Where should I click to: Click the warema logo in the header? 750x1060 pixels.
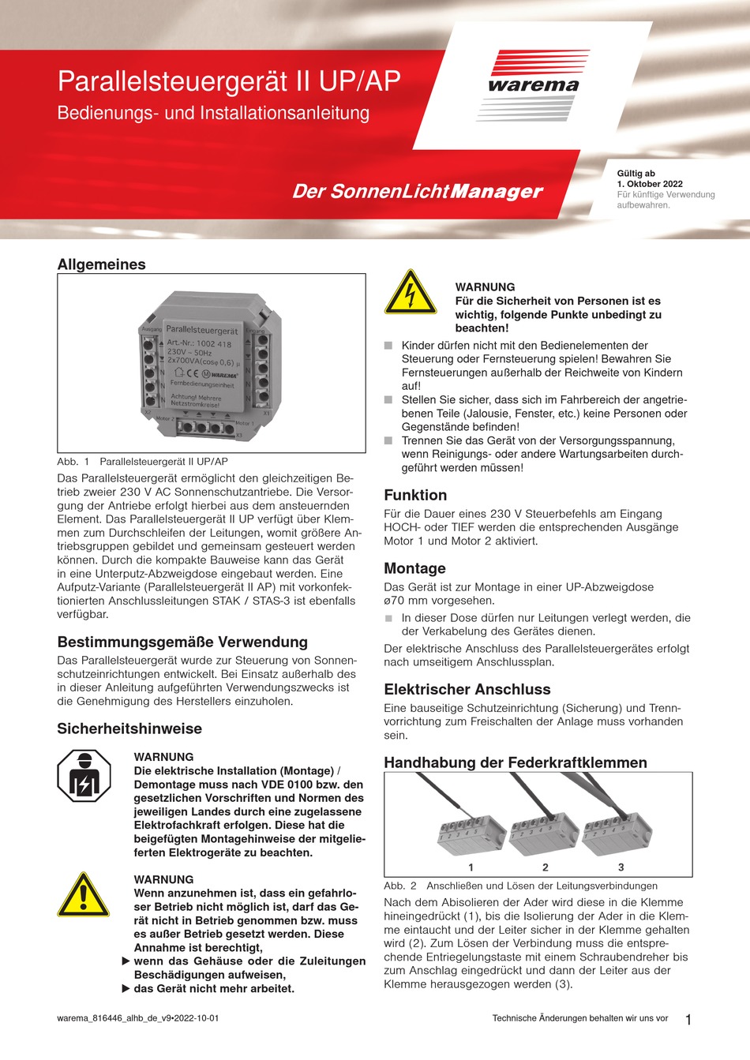[533, 85]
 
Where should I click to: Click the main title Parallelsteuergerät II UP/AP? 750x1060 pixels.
[229, 81]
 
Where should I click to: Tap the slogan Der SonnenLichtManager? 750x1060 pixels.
[418, 191]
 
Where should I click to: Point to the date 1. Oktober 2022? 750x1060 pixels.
[650, 184]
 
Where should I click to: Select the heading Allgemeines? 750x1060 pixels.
[101, 264]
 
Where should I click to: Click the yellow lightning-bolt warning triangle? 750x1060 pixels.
[410, 294]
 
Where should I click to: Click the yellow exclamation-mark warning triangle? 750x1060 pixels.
[83, 896]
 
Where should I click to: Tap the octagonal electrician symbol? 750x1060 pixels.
[83, 776]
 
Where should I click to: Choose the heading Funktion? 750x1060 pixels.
[415, 495]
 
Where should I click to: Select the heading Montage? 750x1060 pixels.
[414, 568]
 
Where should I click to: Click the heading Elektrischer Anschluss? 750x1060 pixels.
[467, 689]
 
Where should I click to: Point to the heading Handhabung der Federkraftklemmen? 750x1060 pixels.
[516, 762]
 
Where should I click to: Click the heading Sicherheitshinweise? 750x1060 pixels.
[129, 729]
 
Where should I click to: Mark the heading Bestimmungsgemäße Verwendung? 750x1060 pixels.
[182, 642]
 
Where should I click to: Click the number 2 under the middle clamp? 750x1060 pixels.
[546, 867]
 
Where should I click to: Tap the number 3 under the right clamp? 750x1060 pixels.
[621, 867]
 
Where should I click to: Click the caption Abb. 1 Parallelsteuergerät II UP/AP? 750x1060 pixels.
[142, 461]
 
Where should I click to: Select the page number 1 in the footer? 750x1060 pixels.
[688, 1020]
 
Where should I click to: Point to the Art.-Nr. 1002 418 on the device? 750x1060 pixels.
[199, 344]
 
